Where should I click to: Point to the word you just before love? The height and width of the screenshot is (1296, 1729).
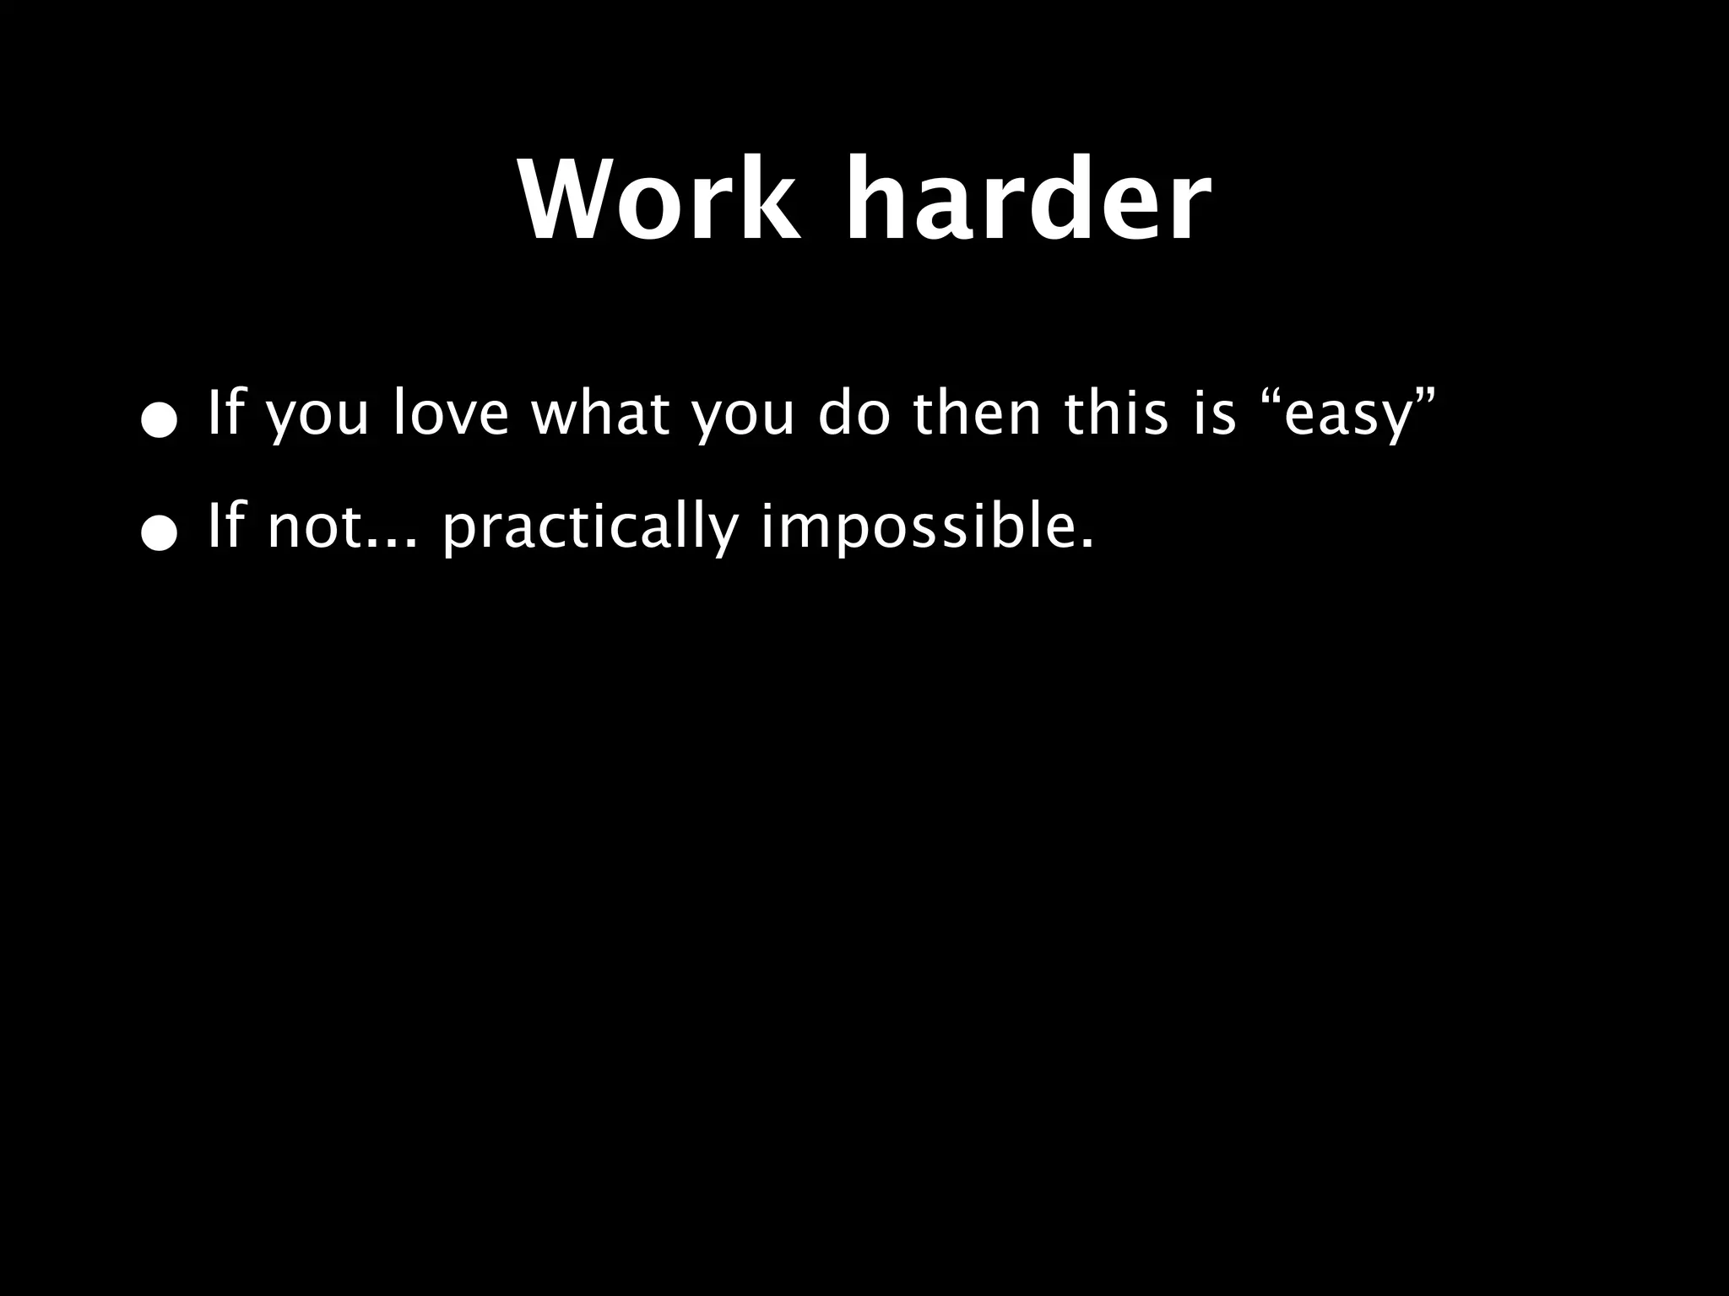(x=317, y=418)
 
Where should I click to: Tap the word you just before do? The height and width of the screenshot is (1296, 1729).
(x=743, y=418)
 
